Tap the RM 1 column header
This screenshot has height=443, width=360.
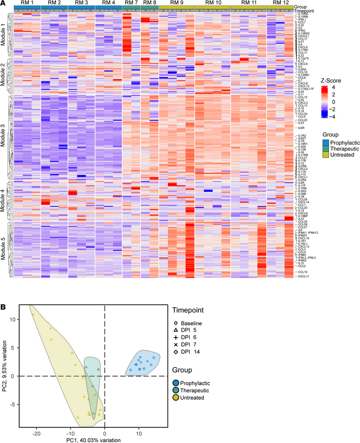click(x=26, y=3)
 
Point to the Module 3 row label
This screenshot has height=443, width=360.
click(x=4, y=133)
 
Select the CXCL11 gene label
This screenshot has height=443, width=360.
click(x=302, y=277)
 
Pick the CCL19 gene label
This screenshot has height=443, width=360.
click(x=301, y=272)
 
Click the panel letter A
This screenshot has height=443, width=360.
click(x=3, y=3)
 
